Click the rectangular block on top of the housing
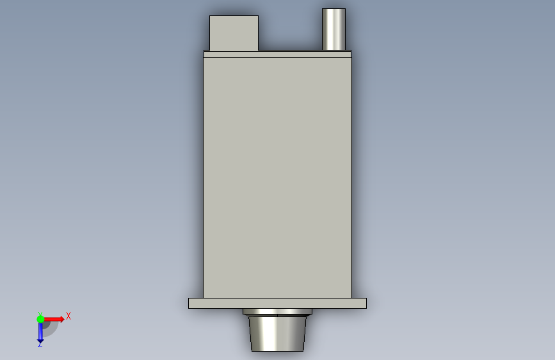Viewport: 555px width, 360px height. click(x=234, y=33)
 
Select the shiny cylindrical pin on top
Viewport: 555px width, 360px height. click(x=334, y=29)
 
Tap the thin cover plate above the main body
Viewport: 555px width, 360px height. click(x=278, y=54)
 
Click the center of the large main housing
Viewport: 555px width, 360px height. click(x=278, y=177)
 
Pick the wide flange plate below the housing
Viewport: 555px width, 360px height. click(x=278, y=303)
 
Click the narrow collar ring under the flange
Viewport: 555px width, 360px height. click(x=278, y=311)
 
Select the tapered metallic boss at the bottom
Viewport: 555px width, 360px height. click(x=278, y=334)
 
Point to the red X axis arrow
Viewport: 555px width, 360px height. click(x=54, y=319)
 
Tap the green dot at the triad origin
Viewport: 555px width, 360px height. click(x=40, y=319)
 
